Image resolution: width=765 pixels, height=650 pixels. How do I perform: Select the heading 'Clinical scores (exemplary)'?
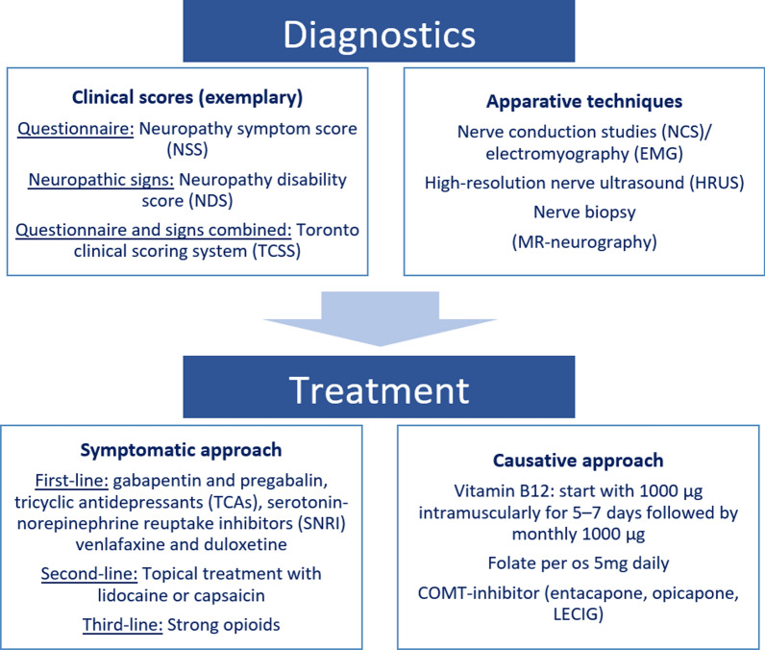(x=193, y=97)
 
